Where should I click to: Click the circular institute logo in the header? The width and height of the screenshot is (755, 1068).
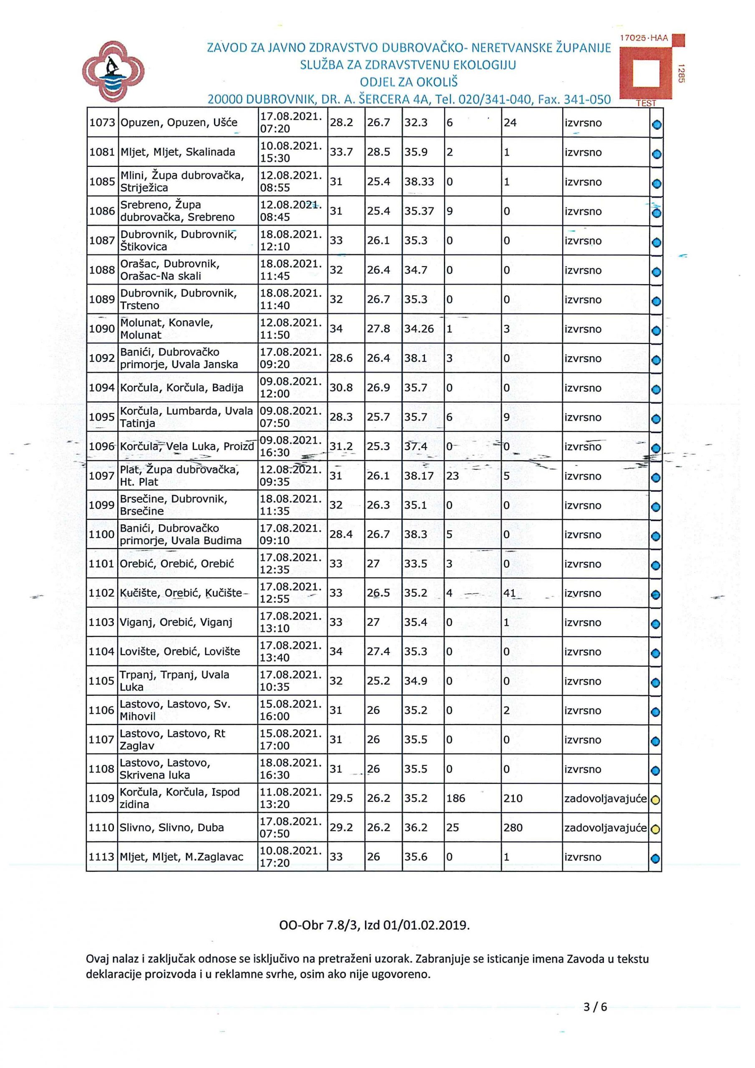[x=113, y=72]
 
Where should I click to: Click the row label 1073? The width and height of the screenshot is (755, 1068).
[x=102, y=123]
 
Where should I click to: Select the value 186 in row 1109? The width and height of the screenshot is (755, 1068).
[x=456, y=798]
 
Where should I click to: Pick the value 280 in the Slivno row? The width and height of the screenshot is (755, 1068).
[x=513, y=828]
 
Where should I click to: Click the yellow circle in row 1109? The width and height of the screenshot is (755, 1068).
[x=655, y=801]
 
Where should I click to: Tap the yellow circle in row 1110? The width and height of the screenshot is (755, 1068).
[x=655, y=829]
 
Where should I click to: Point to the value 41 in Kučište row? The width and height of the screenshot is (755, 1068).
[x=509, y=593]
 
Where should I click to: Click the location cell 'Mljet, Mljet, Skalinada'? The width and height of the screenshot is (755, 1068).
[x=178, y=152]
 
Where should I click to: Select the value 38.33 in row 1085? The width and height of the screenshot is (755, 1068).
[x=419, y=181]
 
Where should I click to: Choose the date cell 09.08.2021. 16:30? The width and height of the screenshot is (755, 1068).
[x=291, y=446]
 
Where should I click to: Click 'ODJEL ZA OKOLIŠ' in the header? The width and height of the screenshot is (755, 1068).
[x=408, y=82]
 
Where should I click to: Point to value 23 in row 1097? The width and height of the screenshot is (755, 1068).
[x=452, y=476]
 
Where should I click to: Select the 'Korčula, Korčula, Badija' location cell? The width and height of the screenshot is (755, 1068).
[x=181, y=388]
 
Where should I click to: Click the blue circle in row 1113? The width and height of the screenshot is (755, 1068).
[x=655, y=859]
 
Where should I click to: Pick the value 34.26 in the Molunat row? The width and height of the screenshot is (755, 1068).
[x=419, y=329]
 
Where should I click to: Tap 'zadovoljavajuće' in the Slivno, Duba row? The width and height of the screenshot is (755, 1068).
[x=605, y=828]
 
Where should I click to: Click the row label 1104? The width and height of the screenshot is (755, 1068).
[x=101, y=652]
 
